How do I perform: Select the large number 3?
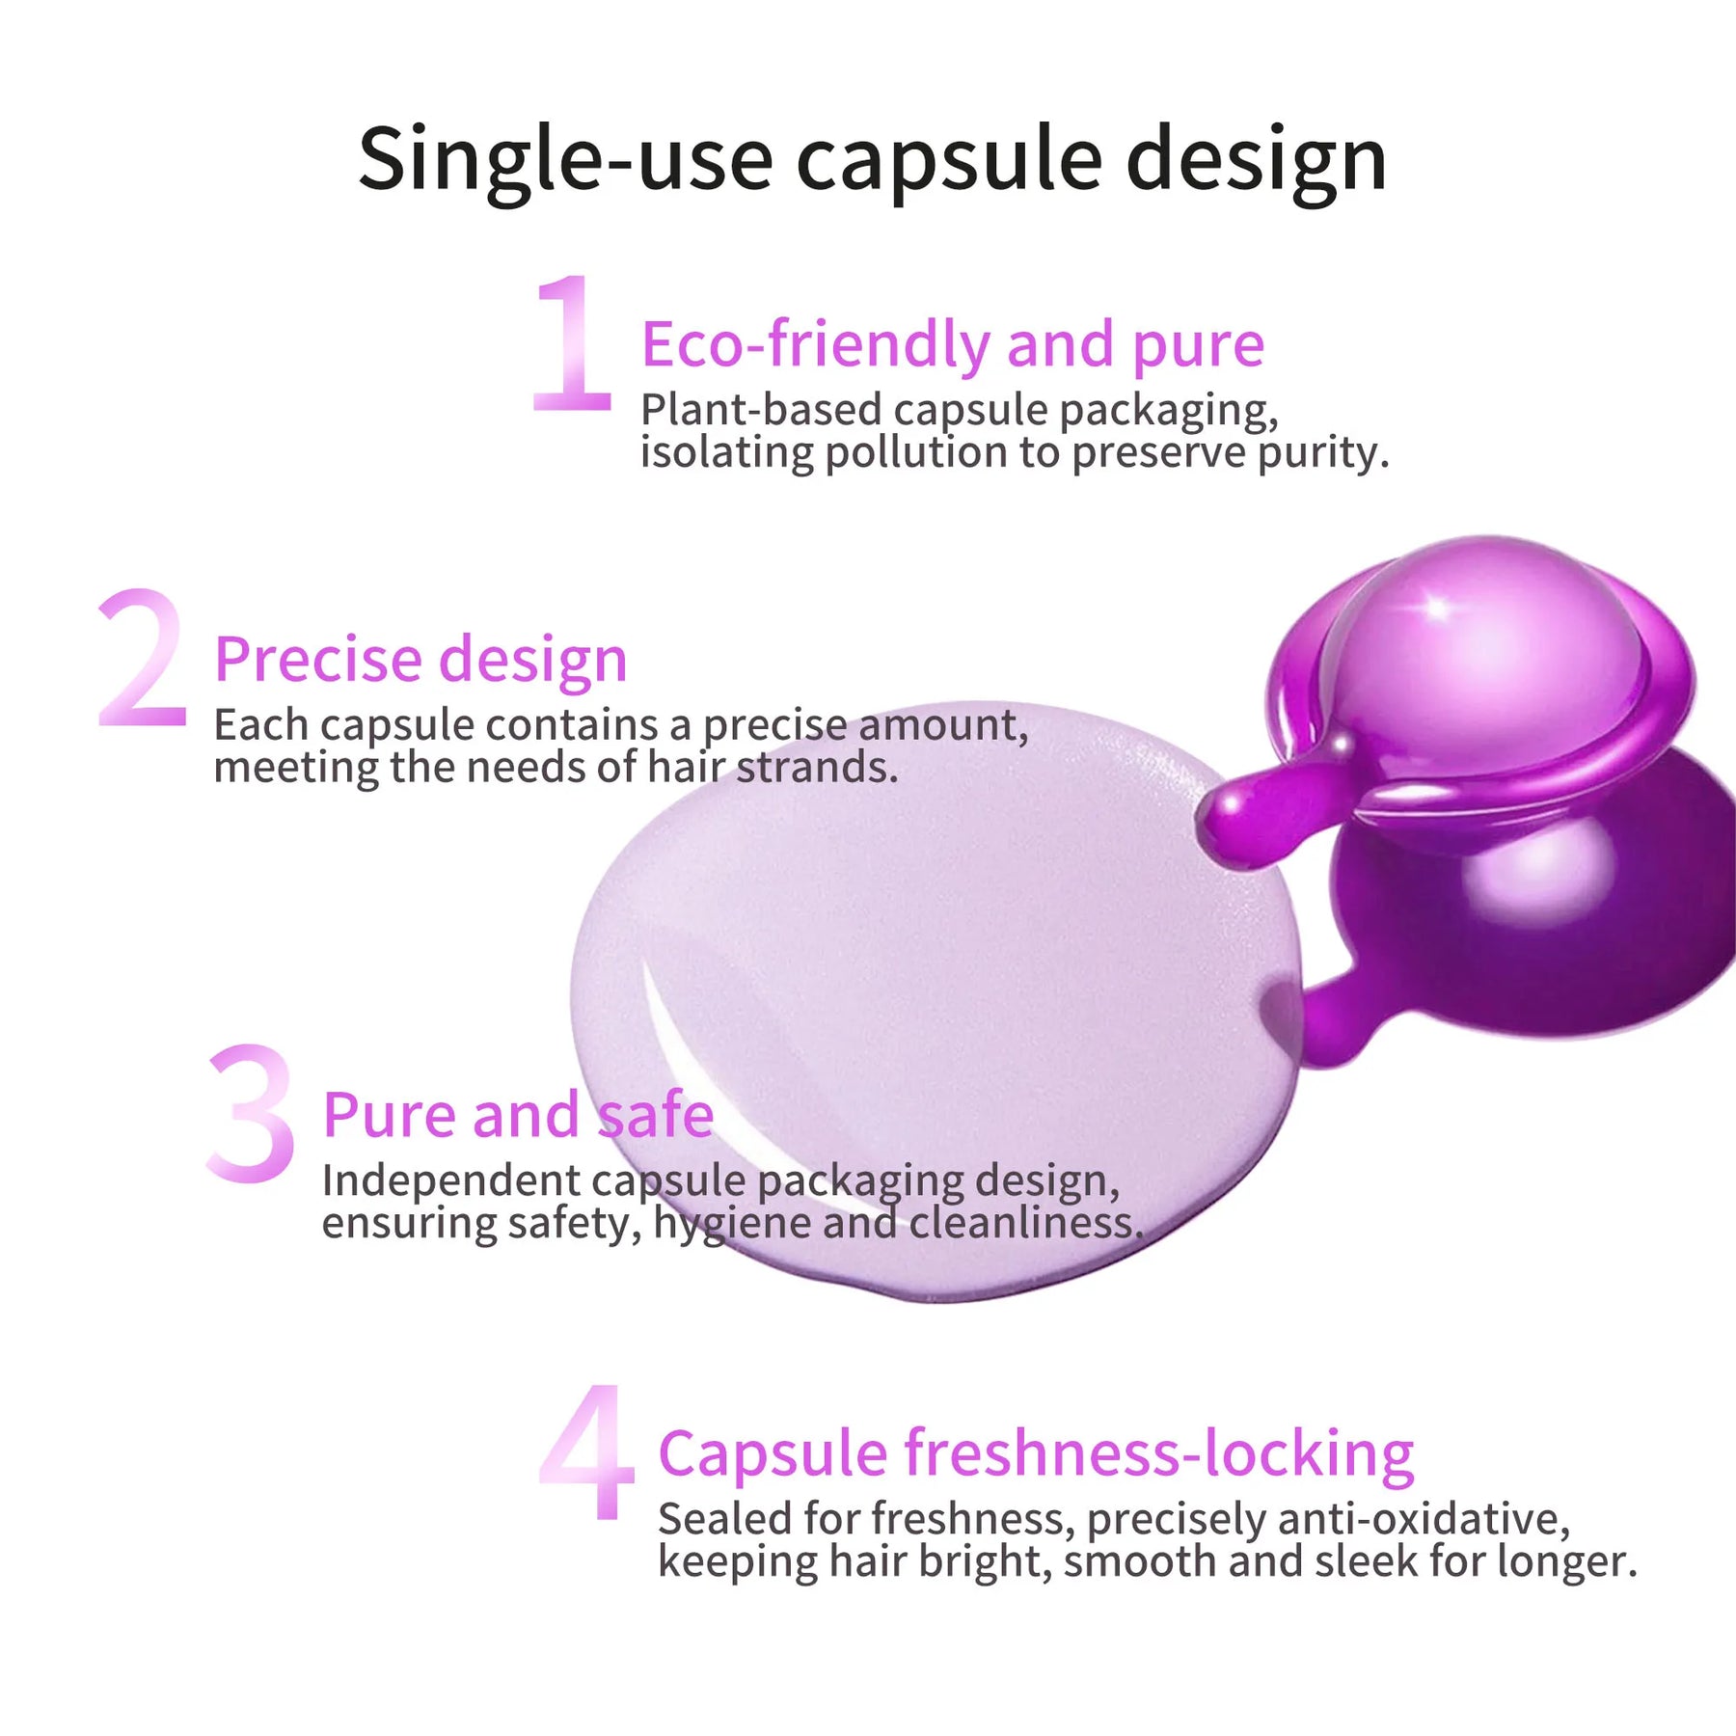click(x=251, y=1113)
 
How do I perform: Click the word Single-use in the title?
click(x=565, y=159)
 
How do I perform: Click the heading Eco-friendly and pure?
click(x=952, y=344)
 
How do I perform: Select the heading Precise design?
click(x=420, y=660)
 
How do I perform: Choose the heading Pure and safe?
click(x=518, y=1115)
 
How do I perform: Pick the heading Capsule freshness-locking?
click(x=1036, y=1453)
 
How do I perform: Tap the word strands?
click(x=816, y=768)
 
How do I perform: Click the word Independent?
click(x=450, y=1180)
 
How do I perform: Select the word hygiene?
click(x=732, y=1224)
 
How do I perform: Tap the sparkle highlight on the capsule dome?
click(x=1436, y=608)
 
